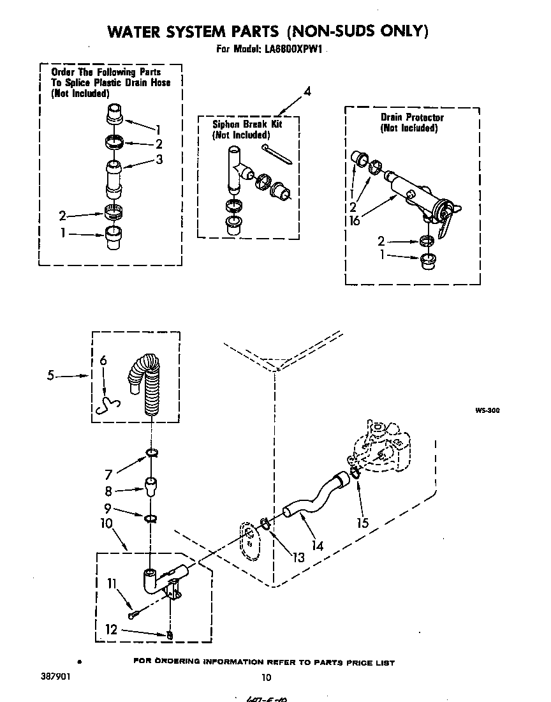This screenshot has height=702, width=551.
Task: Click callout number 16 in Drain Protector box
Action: tap(355, 221)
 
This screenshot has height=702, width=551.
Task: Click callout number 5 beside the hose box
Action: tap(50, 376)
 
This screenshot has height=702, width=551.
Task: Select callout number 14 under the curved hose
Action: tap(317, 546)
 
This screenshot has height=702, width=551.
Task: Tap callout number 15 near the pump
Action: tap(362, 523)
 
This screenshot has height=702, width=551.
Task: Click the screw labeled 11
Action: tap(133, 615)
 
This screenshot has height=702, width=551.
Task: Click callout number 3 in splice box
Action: tap(159, 160)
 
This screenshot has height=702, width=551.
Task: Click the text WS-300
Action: tap(486, 411)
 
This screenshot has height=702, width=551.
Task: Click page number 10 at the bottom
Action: tap(267, 678)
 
